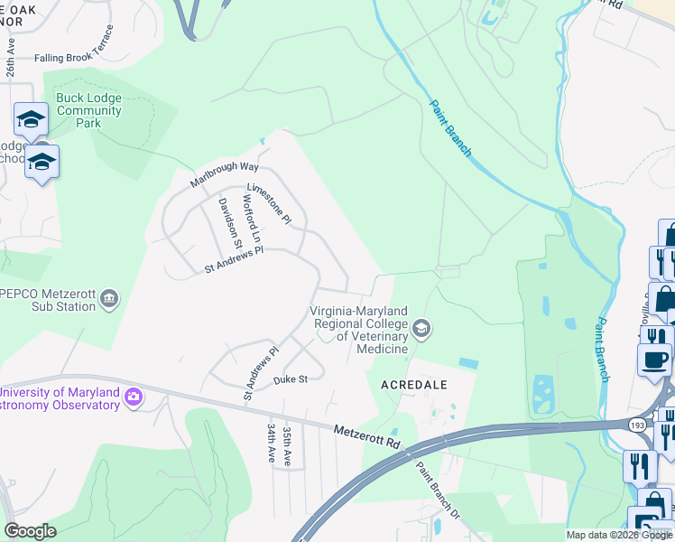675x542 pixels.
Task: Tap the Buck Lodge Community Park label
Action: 88,110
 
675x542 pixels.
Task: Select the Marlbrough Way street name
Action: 224,175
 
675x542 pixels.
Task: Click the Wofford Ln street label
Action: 250,217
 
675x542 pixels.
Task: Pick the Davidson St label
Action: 230,222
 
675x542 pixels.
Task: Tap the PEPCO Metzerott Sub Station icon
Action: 109,298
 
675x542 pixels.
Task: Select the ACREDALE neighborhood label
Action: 413,383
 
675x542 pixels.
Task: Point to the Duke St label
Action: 291,380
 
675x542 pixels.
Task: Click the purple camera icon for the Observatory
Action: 134,397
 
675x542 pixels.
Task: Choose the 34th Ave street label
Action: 270,443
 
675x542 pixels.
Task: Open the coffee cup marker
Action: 653,359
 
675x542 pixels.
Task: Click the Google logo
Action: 30,531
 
